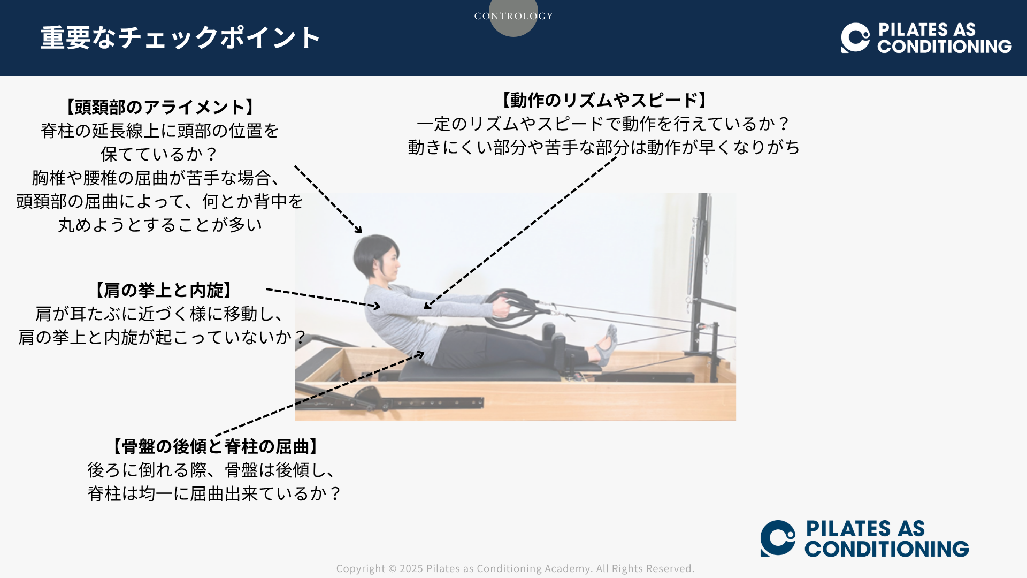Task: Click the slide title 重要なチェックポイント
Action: [180, 37]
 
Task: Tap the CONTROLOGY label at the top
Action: [513, 16]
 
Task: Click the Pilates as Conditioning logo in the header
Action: [926, 37]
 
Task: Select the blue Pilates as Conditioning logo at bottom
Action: [864, 538]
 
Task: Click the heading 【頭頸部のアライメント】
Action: [159, 107]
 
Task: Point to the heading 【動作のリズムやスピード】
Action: [603, 100]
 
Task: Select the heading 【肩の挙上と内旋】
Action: [163, 290]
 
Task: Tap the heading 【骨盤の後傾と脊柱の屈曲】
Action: [215, 446]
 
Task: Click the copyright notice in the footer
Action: [515, 568]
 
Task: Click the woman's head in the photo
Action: [377, 257]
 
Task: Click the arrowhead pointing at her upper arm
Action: [427, 306]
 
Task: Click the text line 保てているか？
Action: [159, 154]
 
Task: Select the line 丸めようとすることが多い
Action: [160, 225]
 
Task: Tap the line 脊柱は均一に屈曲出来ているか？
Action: [215, 493]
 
